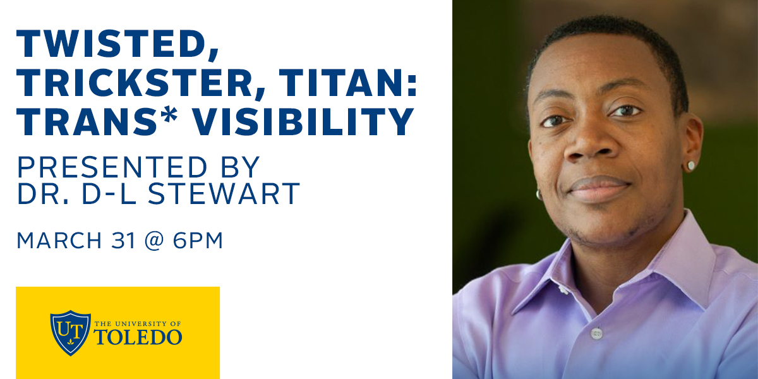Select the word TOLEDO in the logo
tap(138, 337)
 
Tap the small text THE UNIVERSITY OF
tap(138, 323)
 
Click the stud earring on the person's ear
tap(691, 165)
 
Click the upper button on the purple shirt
tap(562, 289)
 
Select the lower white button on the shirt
tap(596, 333)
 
